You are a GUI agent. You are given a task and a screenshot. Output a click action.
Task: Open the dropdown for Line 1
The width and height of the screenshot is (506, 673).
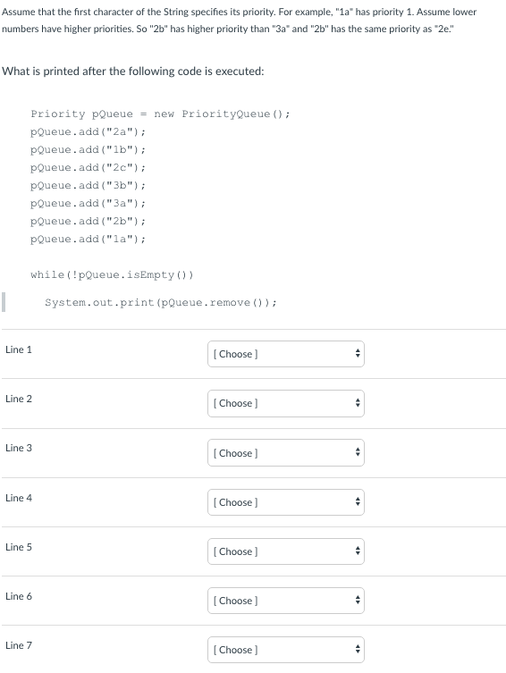tap(286, 354)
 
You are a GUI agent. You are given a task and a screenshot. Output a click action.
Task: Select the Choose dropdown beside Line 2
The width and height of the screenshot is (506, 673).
tap(286, 403)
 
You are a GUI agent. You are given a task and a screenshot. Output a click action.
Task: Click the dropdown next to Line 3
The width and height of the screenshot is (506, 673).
tap(286, 453)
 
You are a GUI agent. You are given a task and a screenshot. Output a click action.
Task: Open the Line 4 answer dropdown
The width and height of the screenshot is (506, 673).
tap(286, 502)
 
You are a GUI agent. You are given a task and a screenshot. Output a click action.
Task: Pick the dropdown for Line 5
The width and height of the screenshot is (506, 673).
tap(286, 551)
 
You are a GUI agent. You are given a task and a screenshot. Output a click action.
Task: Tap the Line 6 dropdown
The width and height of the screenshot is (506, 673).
tap(286, 601)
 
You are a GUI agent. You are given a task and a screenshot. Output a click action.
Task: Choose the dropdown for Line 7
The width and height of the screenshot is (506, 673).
tap(286, 650)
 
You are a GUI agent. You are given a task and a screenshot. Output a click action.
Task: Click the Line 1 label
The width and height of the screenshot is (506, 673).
tap(19, 349)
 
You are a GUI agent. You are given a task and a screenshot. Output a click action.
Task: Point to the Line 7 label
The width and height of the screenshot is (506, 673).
tap(19, 645)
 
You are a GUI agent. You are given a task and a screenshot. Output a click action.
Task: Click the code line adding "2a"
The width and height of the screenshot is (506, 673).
tap(88, 131)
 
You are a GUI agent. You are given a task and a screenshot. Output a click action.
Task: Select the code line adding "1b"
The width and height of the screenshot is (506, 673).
tap(88, 150)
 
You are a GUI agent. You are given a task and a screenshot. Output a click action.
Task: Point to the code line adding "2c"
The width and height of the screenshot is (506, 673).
tap(88, 167)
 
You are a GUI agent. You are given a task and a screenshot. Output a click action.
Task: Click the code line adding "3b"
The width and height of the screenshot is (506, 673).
tap(88, 185)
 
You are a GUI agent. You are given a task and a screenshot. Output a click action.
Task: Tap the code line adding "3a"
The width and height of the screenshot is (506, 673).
tap(88, 203)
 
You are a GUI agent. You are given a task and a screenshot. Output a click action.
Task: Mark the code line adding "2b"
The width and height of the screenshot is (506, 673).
tap(88, 221)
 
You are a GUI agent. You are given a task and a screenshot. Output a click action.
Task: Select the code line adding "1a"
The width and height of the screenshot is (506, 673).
tap(88, 239)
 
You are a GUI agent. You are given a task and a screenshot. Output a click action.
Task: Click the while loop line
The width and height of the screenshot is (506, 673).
tap(112, 274)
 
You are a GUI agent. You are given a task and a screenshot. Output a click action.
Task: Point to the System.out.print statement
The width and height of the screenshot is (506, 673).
tap(161, 303)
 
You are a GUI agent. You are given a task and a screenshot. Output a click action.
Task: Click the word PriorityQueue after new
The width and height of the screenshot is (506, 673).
tap(226, 114)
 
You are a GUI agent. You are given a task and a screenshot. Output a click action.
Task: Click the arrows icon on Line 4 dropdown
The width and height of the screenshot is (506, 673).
tap(357, 502)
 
